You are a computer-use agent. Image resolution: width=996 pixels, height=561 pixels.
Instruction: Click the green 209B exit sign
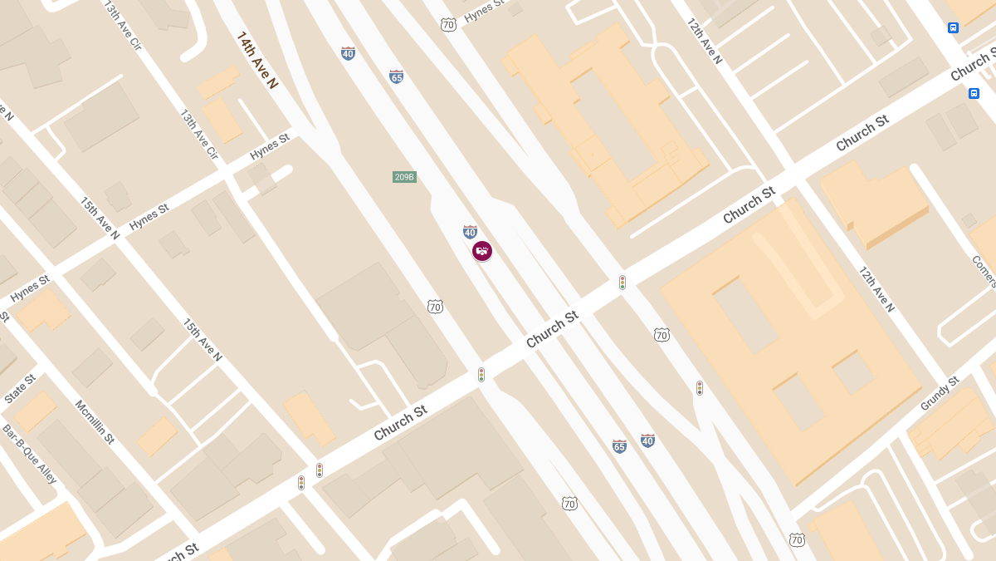pyautogui.click(x=404, y=177)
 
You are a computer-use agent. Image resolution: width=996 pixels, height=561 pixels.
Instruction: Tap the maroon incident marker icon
pyautogui.click(x=482, y=250)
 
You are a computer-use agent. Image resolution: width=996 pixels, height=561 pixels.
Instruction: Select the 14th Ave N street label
pyautogui.click(x=257, y=60)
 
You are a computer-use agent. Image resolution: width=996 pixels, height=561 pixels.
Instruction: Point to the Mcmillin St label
pyautogui.click(x=95, y=421)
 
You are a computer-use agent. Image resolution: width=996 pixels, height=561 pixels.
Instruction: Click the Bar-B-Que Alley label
pyautogui.click(x=29, y=455)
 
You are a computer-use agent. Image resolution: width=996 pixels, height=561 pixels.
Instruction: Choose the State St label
pyautogui.click(x=20, y=388)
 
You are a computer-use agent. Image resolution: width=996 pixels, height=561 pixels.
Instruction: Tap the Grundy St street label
pyautogui.click(x=940, y=393)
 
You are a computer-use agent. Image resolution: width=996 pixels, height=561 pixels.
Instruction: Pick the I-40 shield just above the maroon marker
pyautogui.click(x=470, y=232)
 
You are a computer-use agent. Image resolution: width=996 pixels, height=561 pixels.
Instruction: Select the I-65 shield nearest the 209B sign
pyautogui.click(x=397, y=76)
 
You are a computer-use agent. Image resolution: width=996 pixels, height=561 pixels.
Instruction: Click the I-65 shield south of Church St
pyautogui.click(x=619, y=446)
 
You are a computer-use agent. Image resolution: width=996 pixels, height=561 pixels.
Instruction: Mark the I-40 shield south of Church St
pyautogui.click(x=647, y=440)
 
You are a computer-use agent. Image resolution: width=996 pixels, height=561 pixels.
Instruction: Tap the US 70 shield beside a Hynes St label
pyautogui.click(x=448, y=25)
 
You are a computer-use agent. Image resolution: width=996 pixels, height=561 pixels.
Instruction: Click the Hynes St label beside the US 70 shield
pyautogui.click(x=484, y=11)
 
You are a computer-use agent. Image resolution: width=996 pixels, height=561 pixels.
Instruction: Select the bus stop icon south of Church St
pyautogui.click(x=974, y=93)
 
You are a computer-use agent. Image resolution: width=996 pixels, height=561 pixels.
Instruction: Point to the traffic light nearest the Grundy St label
pyautogui.click(x=700, y=387)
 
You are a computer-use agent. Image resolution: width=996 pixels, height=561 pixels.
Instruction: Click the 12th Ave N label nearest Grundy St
pyautogui.click(x=876, y=289)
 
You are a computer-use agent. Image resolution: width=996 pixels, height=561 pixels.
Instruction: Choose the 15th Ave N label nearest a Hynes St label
pyautogui.click(x=100, y=218)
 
